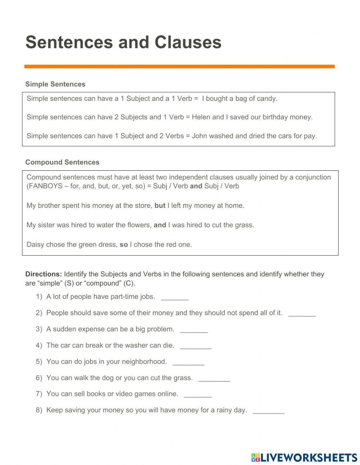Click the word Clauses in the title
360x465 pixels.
pyautogui.click(x=188, y=42)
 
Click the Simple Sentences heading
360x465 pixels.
pyautogui.click(x=55, y=84)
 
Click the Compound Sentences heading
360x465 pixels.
pyautogui.click(x=62, y=162)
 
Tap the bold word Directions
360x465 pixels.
pyautogui.click(x=44, y=274)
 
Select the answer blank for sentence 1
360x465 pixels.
pyautogui.click(x=175, y=298)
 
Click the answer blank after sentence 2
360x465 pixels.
pyautogui.click(x=302, y=314)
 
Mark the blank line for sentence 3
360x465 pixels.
pyautogui.click(x=194, y=330)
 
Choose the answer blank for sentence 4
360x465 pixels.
pyautogui.click(x=195, y=346)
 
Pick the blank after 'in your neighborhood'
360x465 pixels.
pyautogui.click(x=188, y=362)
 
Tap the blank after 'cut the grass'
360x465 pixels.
pyautogui.click(x=214, y=379)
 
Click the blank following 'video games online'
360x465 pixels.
pyautogui.click(x=198, y=395)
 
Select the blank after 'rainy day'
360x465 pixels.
pyautogui.click(x=269, y=411)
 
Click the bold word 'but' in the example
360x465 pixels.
pyautogui.click(x=160, y=206)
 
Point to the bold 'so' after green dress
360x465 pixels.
pyautogui.click(x=124, y=245)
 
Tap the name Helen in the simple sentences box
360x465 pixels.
pyautogui.click(x=201, y=117)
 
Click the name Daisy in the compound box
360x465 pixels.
pyautogui.click(x=35, y=245)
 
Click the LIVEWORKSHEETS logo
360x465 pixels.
pyautogui.click(x=304, y=457)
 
